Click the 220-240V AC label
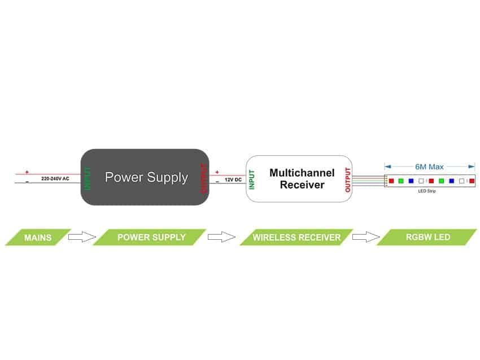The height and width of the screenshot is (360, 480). tap(55, 178)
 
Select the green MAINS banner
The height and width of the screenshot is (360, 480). tap(38, 238)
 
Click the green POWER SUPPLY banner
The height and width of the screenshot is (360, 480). tap(151, 237)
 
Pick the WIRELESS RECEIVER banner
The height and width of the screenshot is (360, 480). tap(296, 238)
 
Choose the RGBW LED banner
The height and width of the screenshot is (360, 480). tap(427, 237)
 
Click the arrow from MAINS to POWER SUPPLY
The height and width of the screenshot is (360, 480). tap(82, 237)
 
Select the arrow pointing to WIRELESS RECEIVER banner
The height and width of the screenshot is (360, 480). tap(221, 237)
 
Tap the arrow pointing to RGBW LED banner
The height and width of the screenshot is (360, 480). tap(366, 237)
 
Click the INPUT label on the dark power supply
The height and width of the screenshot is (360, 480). tap(88, 177)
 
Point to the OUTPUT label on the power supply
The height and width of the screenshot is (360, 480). tap(203, 177)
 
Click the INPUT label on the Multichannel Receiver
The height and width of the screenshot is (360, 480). tap(252, 179)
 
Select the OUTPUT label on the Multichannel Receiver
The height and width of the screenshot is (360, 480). tap(347, 179)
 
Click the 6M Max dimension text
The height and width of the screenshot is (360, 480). tap(429, 167)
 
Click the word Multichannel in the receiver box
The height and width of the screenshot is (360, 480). tap(302, 172)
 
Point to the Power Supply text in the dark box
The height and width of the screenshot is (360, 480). tap(146, 177)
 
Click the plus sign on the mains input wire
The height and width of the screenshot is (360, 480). tap(26, 172)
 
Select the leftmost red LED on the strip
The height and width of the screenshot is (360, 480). tap(391, 181)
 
